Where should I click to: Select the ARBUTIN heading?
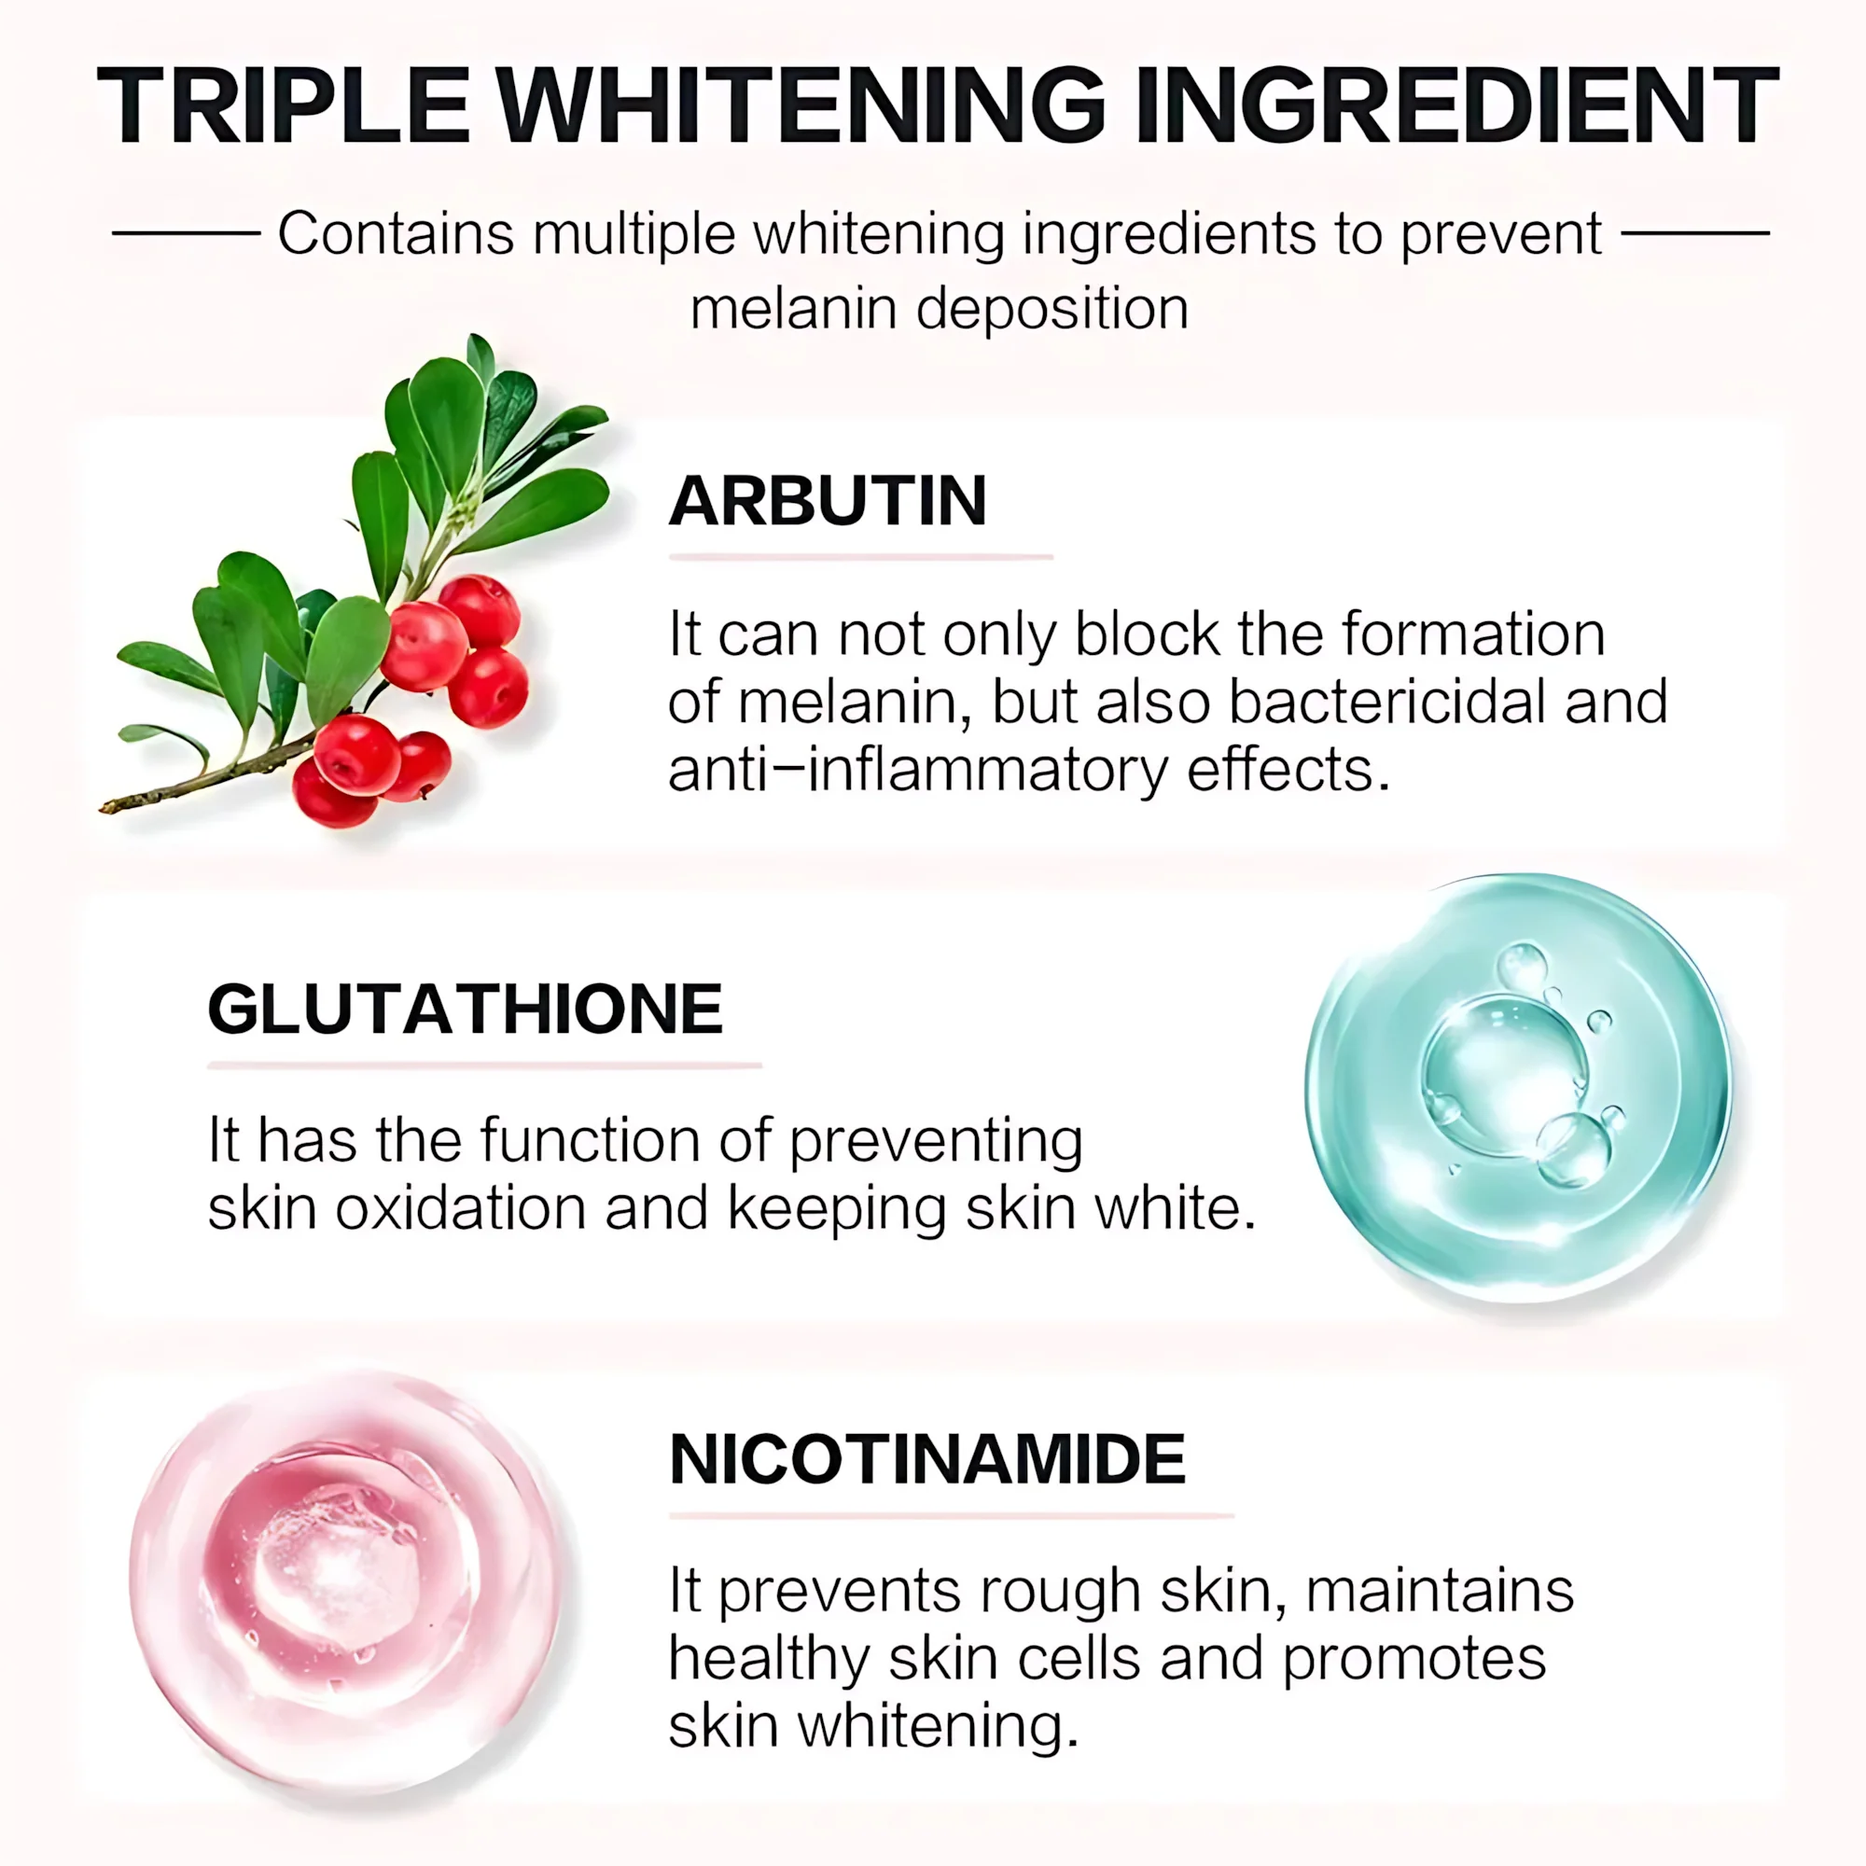(x=828, y=501)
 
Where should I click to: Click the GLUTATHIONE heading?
(x=466, y=1010)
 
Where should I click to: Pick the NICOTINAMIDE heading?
(x=927, y=1459)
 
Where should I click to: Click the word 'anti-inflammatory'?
(x=918, y=771)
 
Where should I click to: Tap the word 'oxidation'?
(x=461, y=1208)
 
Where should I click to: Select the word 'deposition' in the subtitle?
(x=1051, y=309)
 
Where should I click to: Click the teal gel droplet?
(x=1517, y=1088)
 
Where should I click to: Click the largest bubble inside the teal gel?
(x=1505, y=1075)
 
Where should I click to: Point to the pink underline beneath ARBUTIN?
(x=860, y=557)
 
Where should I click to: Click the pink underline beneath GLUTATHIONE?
(x=485, y=1065)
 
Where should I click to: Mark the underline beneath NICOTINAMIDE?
(x=952, y=1515)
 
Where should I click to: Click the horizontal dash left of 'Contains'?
(x=187, y=232)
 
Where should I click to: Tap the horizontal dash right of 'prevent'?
(x=1696, y=232)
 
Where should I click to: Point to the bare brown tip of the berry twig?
(x=104, y=806)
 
